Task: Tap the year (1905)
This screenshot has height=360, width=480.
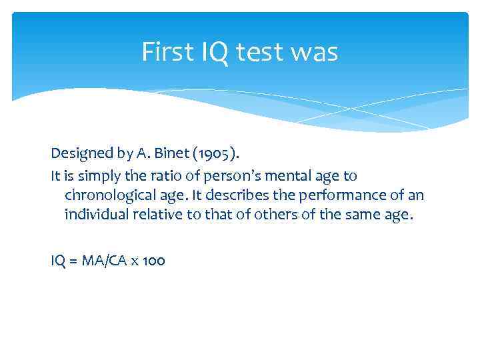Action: tap(212, 153)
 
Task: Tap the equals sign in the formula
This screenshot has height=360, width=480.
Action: tap(72, 260)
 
